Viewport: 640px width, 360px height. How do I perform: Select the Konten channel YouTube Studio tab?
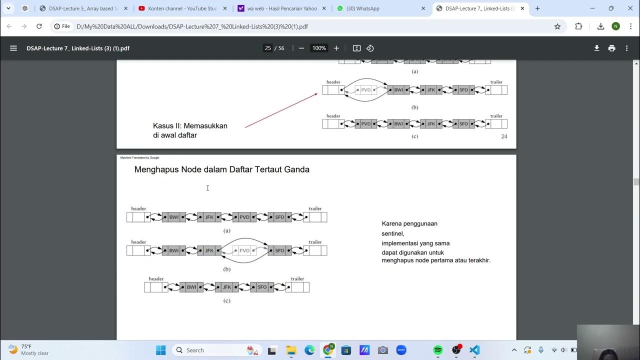pos(182,8)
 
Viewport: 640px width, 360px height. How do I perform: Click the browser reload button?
pos(39,26)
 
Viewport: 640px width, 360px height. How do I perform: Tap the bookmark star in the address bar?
pos(557,26)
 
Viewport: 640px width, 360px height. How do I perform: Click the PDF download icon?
pos(596,48)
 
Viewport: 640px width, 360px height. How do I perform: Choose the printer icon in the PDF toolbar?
pos(611,48)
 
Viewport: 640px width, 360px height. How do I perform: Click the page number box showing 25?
pos(268,48)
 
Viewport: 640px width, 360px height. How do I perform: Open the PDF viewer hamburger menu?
pos(13,48)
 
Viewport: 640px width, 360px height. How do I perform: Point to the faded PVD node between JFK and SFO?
pos(244,250)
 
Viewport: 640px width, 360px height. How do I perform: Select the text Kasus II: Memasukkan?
pos(190,126)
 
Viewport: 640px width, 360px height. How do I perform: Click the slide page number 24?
pos(504,136)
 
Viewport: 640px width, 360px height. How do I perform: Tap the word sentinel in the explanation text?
pos(392,233)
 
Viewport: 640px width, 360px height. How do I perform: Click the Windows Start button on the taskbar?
pos(160,350)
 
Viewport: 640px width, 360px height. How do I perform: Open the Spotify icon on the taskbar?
pos(438,350)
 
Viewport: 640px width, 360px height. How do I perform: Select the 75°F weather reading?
pos(26,346)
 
